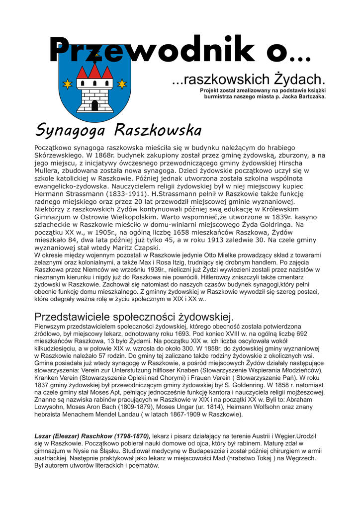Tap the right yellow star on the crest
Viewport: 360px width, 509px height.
click(121, 83)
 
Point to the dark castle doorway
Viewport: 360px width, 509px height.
click(95, 105)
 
